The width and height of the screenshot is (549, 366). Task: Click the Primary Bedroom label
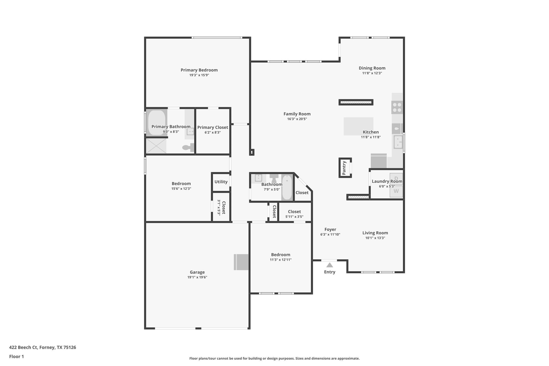click(x=199, y=70)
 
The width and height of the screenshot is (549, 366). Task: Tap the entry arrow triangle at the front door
click(x=329, y=265)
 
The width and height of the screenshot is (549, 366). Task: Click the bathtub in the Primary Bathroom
click(x=157, y=123)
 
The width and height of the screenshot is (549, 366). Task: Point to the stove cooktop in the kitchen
click(x=397, y=107)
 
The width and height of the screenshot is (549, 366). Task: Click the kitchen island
click(x=358, y=126)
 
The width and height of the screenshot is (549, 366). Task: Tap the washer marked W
click(x=396, y=191)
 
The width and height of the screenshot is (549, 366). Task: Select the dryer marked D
click(x=396, y=178)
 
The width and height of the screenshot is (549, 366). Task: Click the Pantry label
click(x=344, y=168)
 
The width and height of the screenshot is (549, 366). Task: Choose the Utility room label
click(x=221, y=182)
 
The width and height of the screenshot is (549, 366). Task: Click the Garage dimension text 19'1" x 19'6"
click(x=197, y=277)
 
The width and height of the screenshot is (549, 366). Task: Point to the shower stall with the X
click(x=156, y=146)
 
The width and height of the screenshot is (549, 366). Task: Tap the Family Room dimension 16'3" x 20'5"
click(x=297, y=119)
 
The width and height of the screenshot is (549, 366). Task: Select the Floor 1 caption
click(x=16, y=357)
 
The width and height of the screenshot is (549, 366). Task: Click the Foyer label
click(x=330, y=230)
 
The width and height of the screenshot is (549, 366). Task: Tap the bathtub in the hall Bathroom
click(x=287, y=187)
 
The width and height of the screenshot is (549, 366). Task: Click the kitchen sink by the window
click(x=398, y=142)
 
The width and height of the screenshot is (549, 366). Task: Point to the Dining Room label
click(x=372, y=68)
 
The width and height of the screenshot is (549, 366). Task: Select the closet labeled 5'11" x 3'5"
click(x=294, y=214)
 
